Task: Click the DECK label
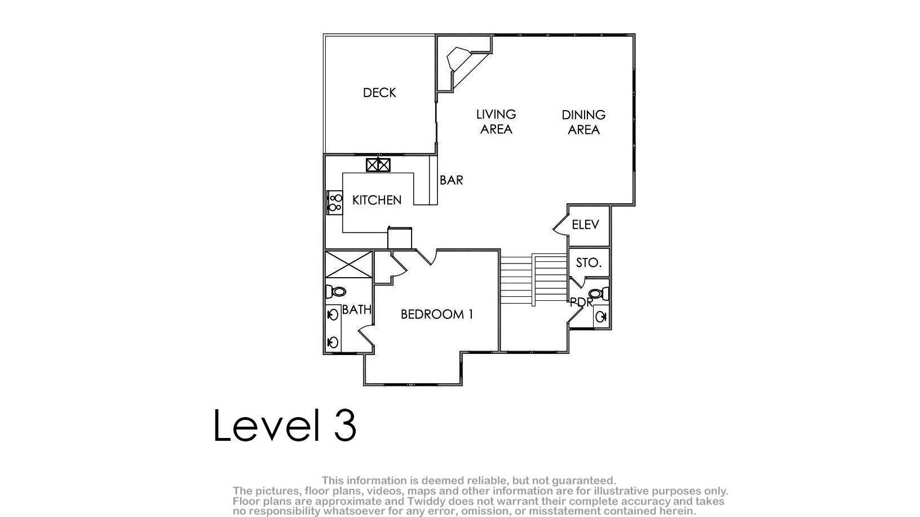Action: pos(379,93)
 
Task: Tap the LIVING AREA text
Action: pos(496,122)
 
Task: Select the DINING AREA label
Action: pos(583,122)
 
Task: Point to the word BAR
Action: pos(452,180)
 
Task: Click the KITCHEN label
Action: pos(377,200)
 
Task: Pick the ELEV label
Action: pos(585,225)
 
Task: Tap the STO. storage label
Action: pos(589,263)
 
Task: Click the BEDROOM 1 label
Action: pos(437,314)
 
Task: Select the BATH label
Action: pos(356,310)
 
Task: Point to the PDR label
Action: pos(581,303)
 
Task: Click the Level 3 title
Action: pos(285,425)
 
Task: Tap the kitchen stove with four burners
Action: pos(334,203)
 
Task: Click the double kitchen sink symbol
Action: pos(378,165)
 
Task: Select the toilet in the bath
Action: pos(335,292)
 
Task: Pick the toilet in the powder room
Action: pos(599,293)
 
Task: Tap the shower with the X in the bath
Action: pos(349,265)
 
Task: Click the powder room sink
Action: pos(601,317)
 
